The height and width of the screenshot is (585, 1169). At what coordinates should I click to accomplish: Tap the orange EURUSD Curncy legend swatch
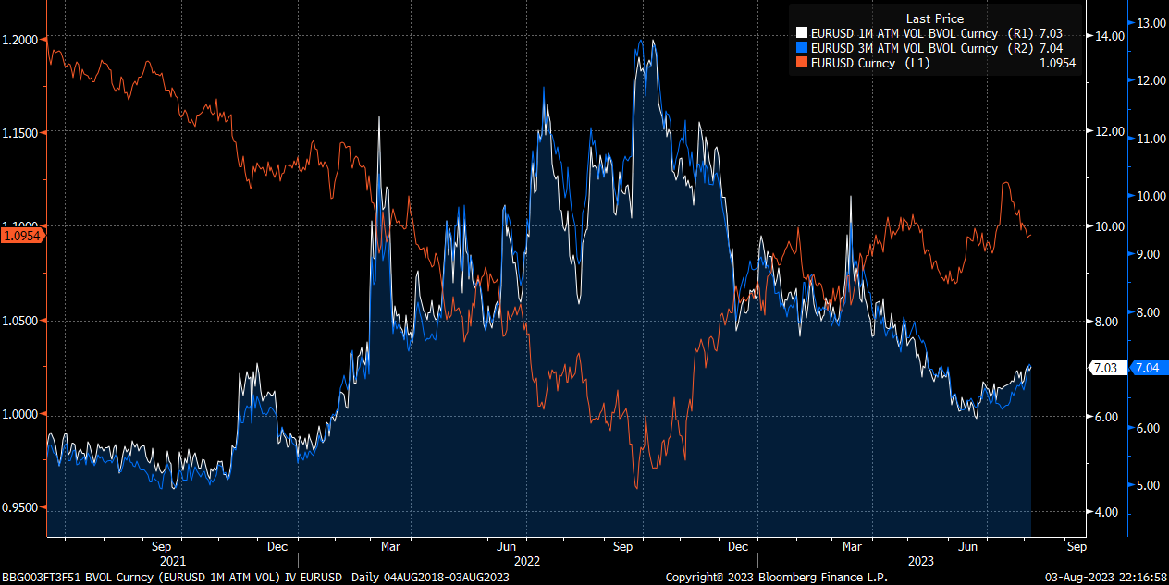802,63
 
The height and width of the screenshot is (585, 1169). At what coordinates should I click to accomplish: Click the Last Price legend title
934,18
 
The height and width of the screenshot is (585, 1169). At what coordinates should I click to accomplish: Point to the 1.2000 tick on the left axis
21,39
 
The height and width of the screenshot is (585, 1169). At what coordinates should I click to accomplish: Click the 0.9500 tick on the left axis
21,508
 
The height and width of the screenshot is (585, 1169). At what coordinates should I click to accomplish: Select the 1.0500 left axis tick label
21,321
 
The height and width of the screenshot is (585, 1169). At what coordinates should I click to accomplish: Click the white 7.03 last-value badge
1105,368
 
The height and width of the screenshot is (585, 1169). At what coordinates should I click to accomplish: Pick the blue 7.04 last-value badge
1146,368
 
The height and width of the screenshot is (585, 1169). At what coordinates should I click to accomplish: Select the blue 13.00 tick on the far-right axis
1148,22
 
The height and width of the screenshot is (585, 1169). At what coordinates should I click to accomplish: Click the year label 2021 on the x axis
173,560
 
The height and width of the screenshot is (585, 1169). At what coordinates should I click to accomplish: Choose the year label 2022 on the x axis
527,560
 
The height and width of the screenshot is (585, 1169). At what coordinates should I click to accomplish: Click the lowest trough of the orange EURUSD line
636,488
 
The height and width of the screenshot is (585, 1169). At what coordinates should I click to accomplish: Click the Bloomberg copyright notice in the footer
776,578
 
